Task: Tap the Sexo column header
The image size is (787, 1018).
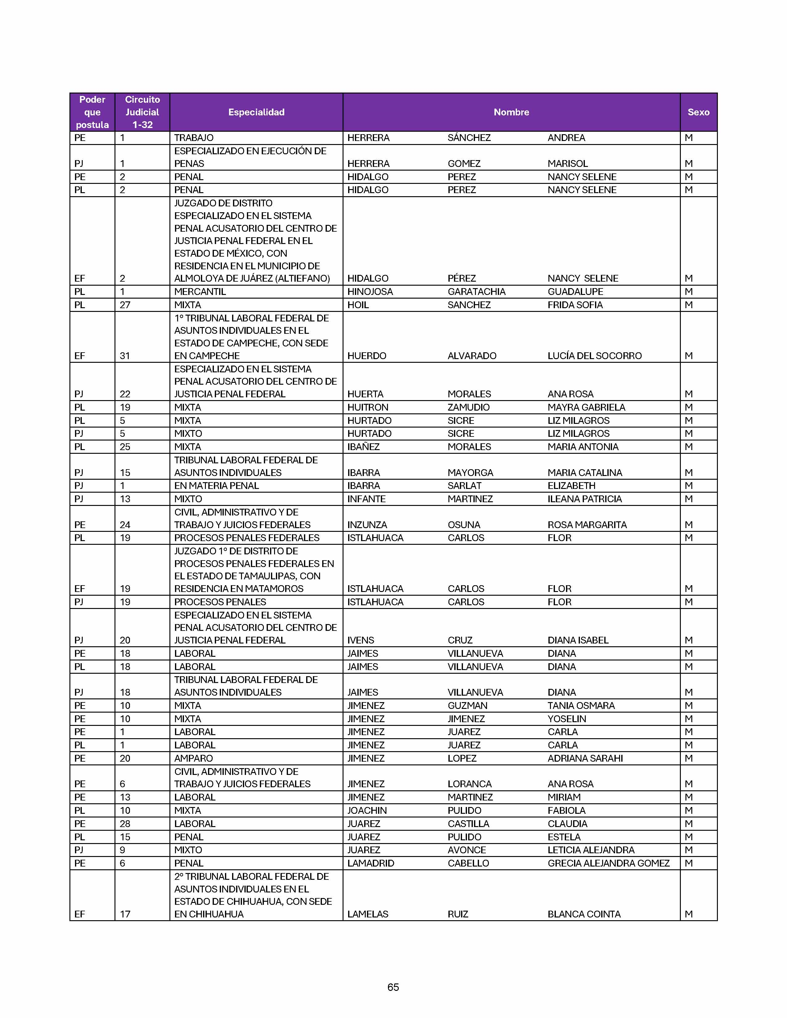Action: tap(698, 112)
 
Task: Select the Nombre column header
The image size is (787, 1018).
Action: tap(511, 112)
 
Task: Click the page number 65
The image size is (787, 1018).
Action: tap(393, 987)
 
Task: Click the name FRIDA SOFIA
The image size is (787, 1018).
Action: tap(575, 305)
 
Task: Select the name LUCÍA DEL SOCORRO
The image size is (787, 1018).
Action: tap(594, 356)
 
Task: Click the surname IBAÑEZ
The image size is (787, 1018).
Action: tap(363, 447)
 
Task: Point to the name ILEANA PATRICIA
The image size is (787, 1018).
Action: tap(585, 499)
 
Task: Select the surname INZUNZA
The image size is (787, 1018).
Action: tap(367, 525)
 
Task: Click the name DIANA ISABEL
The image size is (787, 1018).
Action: tap(578, 640)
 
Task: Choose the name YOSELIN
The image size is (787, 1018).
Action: tap(566, 719)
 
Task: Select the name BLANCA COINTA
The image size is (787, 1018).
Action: tap(584, 914)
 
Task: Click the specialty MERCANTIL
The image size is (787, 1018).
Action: tap(200, 292)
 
